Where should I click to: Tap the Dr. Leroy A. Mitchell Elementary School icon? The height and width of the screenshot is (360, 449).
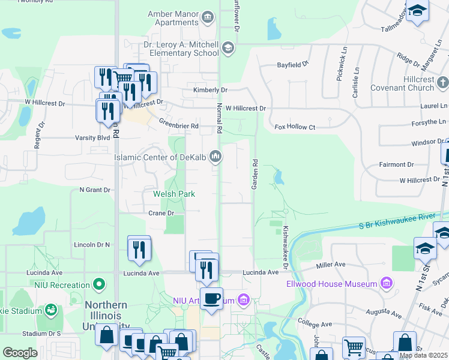point(228,47)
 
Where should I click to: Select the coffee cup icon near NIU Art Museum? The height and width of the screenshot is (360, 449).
point(211,298)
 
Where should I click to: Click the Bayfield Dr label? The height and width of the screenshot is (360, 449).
point(292,64)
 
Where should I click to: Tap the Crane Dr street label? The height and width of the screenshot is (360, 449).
point(161,213)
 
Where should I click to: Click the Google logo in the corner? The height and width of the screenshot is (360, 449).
point(20,353)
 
